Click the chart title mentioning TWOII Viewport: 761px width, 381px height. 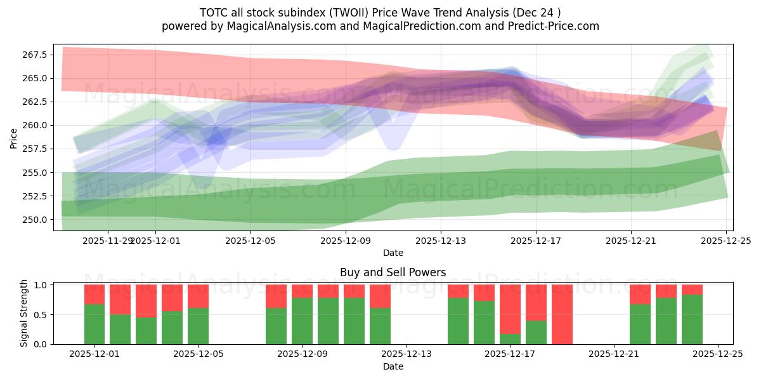[380, 12]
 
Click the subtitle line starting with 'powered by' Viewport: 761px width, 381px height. [380, 26]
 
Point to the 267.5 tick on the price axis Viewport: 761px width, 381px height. [36, 55]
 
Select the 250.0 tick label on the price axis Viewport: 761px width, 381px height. [36, 220]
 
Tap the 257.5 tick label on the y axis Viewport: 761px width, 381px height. [36, 149]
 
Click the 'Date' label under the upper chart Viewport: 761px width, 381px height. [393, 253]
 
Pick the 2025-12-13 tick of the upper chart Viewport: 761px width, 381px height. [441, 241]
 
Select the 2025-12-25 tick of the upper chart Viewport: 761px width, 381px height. [725, 241]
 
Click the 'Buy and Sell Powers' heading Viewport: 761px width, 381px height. [393, 272]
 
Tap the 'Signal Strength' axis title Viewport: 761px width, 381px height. [24, 313]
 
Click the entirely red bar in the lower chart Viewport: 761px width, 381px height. [562, 314]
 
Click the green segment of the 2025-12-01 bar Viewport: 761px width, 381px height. [94, 324]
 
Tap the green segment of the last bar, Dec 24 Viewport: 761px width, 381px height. [692, 319]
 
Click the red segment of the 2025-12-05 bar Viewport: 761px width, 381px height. [198, 296]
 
